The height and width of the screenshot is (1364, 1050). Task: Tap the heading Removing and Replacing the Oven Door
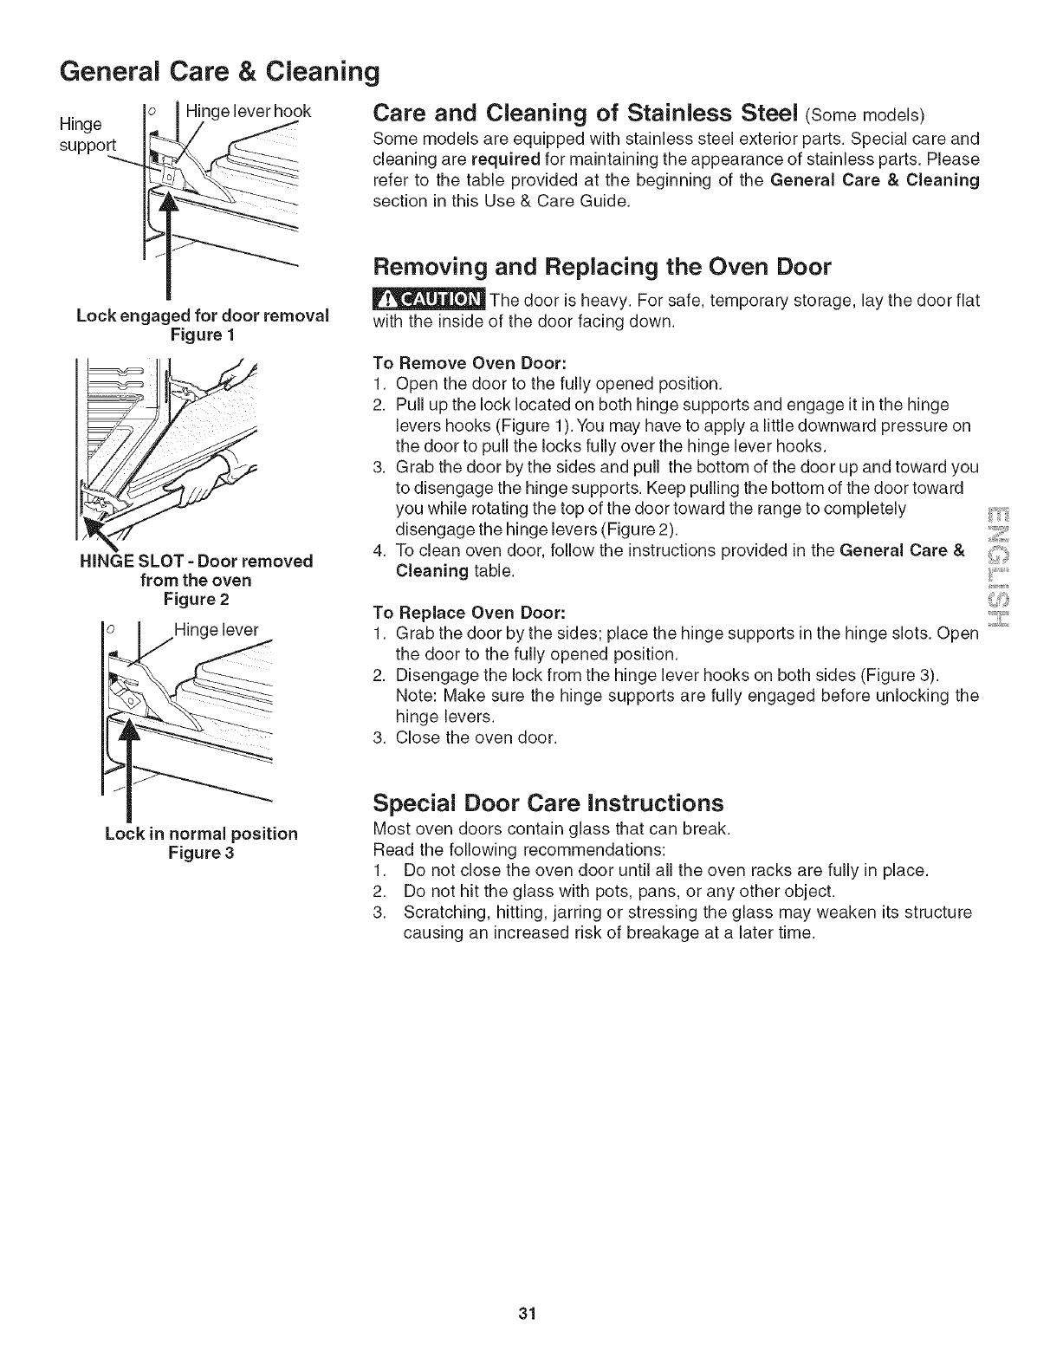(601, 266)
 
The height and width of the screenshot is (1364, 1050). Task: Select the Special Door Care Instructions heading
(548, 800)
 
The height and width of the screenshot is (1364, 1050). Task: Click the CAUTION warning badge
(428, 300)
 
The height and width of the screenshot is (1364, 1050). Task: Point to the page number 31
(523, 1314)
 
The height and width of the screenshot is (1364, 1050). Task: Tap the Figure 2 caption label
(196, 599)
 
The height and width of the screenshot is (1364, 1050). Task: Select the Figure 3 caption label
(201, 853)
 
